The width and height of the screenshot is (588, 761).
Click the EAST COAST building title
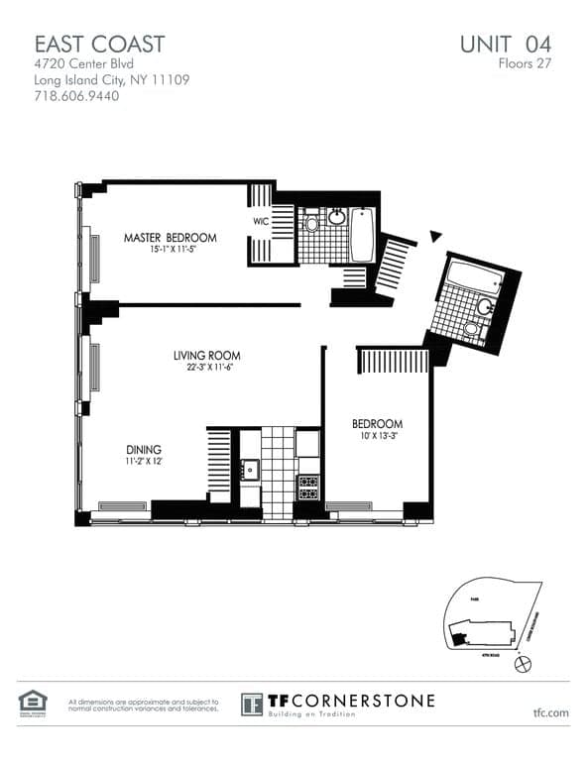tap(99, 44)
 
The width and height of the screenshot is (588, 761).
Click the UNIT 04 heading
tap(505, 44)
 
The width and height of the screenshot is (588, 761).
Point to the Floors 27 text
tap(525, 63)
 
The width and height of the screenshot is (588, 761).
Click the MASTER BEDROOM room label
tap(170, 238)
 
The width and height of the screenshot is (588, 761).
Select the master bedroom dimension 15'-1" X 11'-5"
tap(170, 250)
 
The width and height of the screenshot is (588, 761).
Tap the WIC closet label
tap(261, 222)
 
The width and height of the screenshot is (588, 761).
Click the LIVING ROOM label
tap(206, 356)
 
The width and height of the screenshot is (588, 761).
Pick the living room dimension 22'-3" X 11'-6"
tap(206, 368)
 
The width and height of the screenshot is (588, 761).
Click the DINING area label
tap(143, 449)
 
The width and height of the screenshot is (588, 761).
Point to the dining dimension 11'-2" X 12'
tap(143, 461)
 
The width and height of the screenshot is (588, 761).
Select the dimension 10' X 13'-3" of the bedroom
tap(377, 436)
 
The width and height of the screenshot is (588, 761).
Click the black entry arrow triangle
tap(434, 236)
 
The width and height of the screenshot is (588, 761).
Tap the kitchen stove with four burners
tap(307, 487)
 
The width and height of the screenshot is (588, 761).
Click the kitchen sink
tap(248, 471)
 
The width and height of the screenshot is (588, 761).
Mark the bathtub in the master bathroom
tap(362, 236)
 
